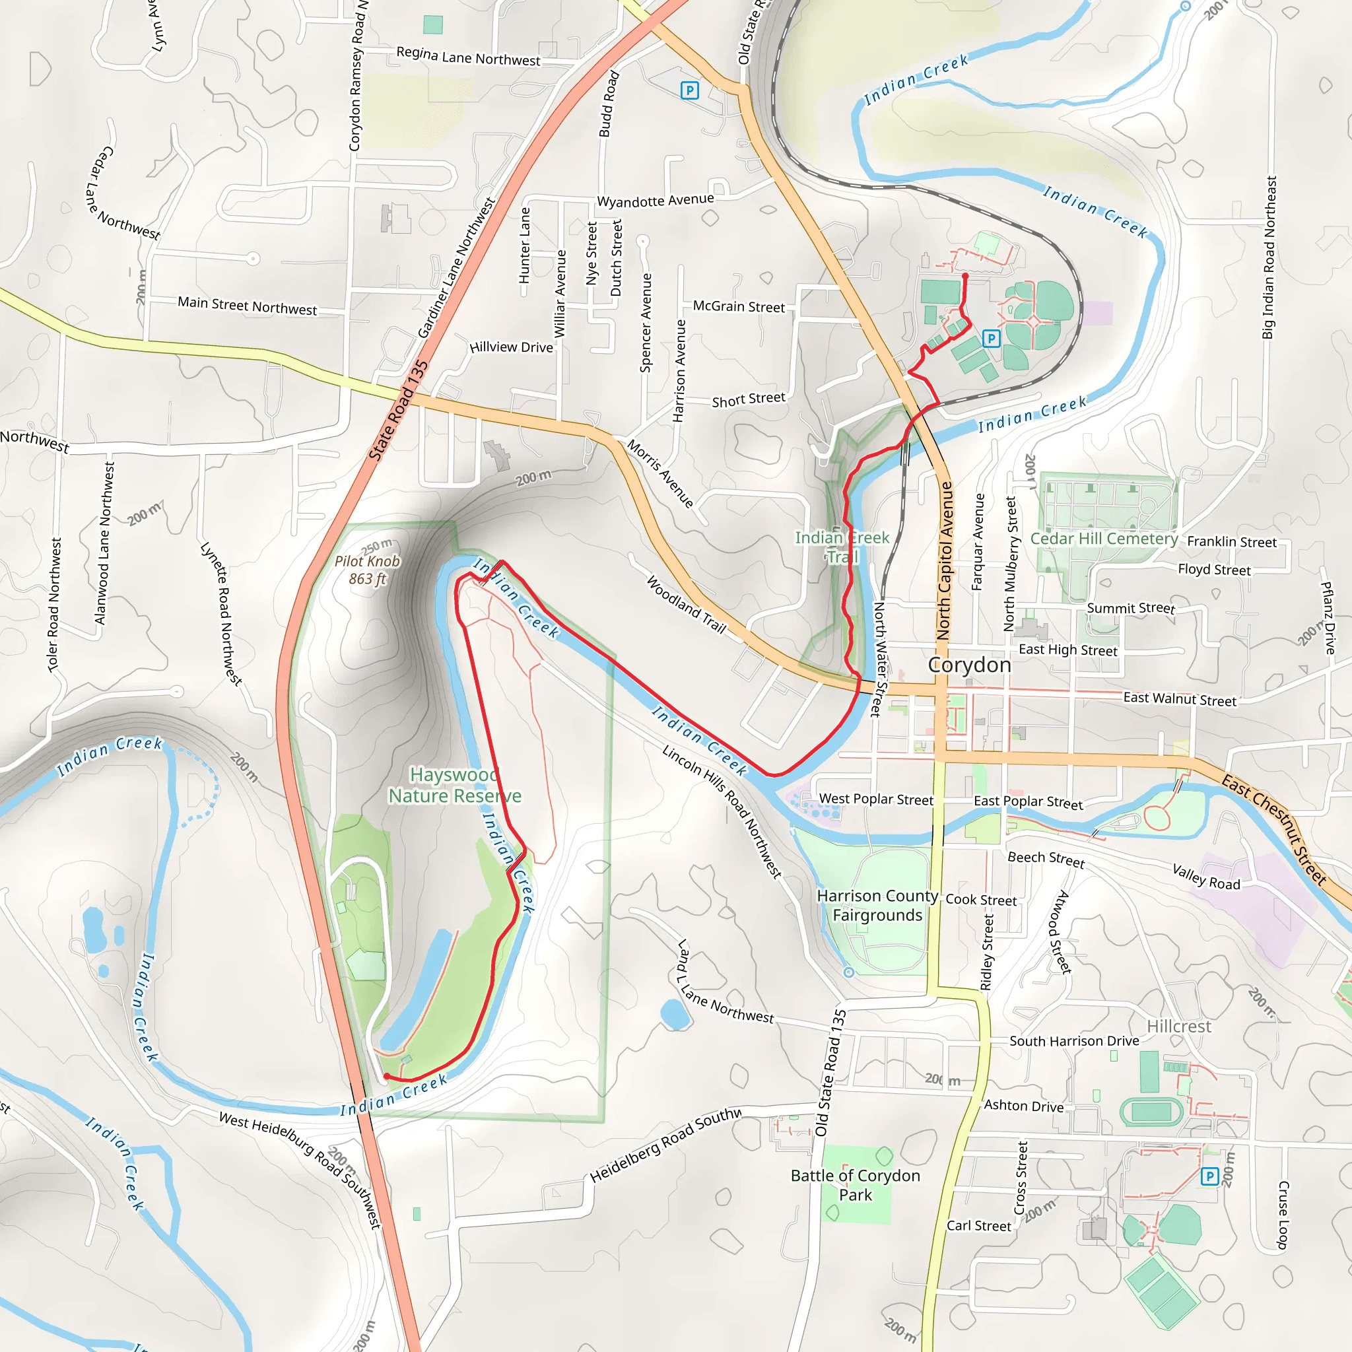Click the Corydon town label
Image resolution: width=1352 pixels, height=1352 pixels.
click(969, 664)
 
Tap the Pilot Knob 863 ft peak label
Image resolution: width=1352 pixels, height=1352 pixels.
click(368, 570)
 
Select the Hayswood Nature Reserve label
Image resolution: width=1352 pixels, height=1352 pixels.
click(455, 785)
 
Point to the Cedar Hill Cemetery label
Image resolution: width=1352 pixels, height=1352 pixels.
click(1104, 538)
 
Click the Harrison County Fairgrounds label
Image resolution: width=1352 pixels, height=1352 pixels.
click(877, 906)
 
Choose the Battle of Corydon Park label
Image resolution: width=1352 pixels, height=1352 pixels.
click(855, 1185)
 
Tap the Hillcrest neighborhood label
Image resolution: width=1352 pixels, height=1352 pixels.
click(1178, 1027)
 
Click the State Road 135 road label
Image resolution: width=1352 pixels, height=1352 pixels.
click(398, 410)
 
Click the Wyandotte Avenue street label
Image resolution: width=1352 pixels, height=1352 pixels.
click(655, 200)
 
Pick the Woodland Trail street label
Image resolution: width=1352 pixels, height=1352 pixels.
click(686, 604)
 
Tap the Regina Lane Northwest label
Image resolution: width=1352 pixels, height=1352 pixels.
click(468, 57)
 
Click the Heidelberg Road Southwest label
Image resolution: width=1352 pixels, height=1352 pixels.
click(665, 1144)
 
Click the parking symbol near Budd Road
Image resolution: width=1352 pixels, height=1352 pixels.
click(689, 90)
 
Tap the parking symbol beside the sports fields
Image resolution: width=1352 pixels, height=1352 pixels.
click(991, 339)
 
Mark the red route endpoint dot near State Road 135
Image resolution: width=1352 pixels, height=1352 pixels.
click(387, 1076)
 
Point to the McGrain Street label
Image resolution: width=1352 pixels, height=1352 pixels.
click(738, 306)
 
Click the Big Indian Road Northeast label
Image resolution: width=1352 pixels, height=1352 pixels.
click(1269, 257)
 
